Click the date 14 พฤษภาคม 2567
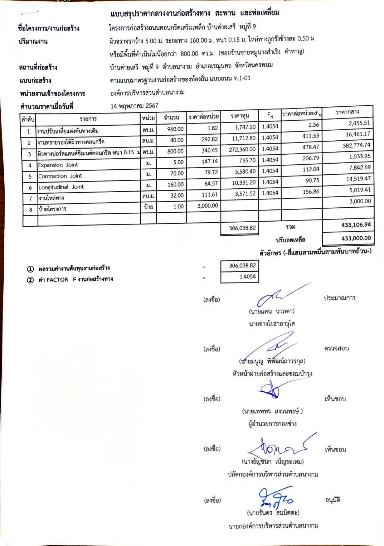[x=134, y=106]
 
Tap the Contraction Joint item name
[x=60, y=176]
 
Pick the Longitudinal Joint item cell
[x=61, y=187]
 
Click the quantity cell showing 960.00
[x=175, y=129]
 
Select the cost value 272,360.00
[x=242, y=149]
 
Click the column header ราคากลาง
[x=347, y=112]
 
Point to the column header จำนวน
[x=171, y=117]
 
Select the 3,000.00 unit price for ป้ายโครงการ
[x=207, y=206]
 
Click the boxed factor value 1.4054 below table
[x=247, y=276]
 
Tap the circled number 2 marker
[x=30, y=280]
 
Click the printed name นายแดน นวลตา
[x=272, y=311]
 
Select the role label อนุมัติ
[x=332, y=500]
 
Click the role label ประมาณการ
[x=339, y=298]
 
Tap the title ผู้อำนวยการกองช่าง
[x=272, y=424]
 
